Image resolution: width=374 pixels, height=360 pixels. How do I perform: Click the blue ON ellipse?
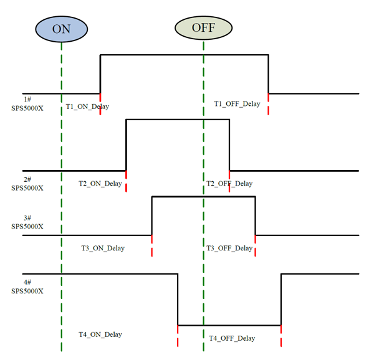tap(61, 28)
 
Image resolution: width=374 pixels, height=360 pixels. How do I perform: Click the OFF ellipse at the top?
tap(203, 28)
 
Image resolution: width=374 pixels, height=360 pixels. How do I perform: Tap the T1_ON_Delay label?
tap(87, 107)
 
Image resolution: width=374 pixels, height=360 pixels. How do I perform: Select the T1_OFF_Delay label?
tap(237, 104)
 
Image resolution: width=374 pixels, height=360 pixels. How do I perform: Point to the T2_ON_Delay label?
tap(100, 184)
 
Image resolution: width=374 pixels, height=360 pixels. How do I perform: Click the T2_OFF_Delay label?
tap(230, 184)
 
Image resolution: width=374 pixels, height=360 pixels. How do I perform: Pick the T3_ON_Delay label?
tap(103, 249)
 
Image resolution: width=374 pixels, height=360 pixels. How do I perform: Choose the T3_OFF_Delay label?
tap(229, 249)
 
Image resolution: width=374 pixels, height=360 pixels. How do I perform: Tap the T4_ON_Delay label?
tap(100, 334)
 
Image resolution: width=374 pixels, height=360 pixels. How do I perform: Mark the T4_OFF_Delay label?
tap(232, 338)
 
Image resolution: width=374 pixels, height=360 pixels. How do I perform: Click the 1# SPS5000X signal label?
tap(27, 103)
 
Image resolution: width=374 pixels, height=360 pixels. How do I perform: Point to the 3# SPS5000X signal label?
tap(27, 222)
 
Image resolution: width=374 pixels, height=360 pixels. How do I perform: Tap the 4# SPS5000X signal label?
tap(27, 287)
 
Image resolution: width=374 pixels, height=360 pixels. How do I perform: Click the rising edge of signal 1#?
tap(101, 74)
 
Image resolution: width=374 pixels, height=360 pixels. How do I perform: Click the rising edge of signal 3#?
tap(152, 216)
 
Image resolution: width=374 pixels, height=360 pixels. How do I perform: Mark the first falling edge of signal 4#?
tap(178, 299)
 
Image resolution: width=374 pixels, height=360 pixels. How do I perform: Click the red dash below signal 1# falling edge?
tap(269, 104)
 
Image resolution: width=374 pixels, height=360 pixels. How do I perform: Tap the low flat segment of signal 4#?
tap(229, 324)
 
